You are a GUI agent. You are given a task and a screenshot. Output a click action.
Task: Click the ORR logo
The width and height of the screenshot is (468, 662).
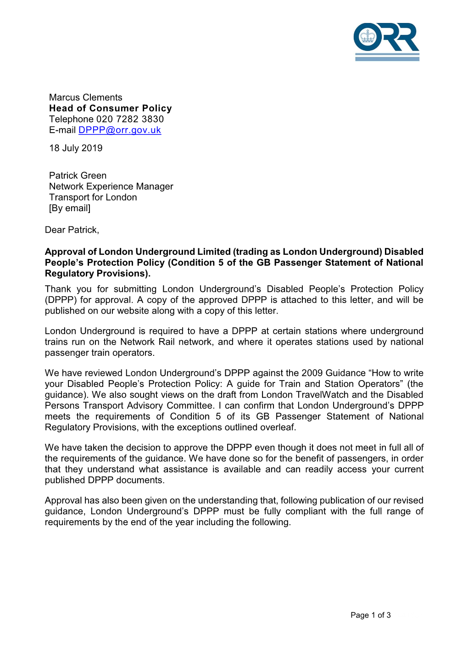[x=386, y=41]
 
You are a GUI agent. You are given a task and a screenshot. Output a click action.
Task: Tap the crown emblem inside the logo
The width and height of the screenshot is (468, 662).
[x=367, y=36]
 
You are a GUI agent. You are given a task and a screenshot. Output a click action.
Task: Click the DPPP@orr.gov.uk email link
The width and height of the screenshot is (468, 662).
[x=120, y=130]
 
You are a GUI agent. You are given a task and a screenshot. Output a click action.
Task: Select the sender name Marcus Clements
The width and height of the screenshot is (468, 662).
[x=86, y=97]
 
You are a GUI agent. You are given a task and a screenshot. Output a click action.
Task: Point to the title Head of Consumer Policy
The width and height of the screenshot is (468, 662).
[x=111, y=108]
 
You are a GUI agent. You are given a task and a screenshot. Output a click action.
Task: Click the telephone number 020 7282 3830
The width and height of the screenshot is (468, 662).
[x=130, y=119]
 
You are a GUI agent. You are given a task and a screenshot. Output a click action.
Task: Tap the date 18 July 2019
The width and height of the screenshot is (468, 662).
[x=76, y=148]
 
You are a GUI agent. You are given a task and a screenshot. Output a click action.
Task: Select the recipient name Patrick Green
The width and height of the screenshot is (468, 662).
[x=78, y=175]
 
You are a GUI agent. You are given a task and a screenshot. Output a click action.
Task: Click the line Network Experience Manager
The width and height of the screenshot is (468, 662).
[x=111, y=186]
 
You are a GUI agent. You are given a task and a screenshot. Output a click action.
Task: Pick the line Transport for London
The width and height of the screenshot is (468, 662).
[x=93, y=197]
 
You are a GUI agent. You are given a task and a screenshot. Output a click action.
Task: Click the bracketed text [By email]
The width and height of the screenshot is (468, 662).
[x=70, y=208]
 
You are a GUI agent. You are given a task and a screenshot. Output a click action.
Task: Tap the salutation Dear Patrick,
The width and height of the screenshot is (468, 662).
[x=72, y=230]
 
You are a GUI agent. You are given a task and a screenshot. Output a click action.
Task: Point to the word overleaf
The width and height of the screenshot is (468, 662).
[x=278, y=427]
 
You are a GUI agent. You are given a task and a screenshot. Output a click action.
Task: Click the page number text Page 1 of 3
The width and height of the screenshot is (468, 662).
[x=370, y=615]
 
